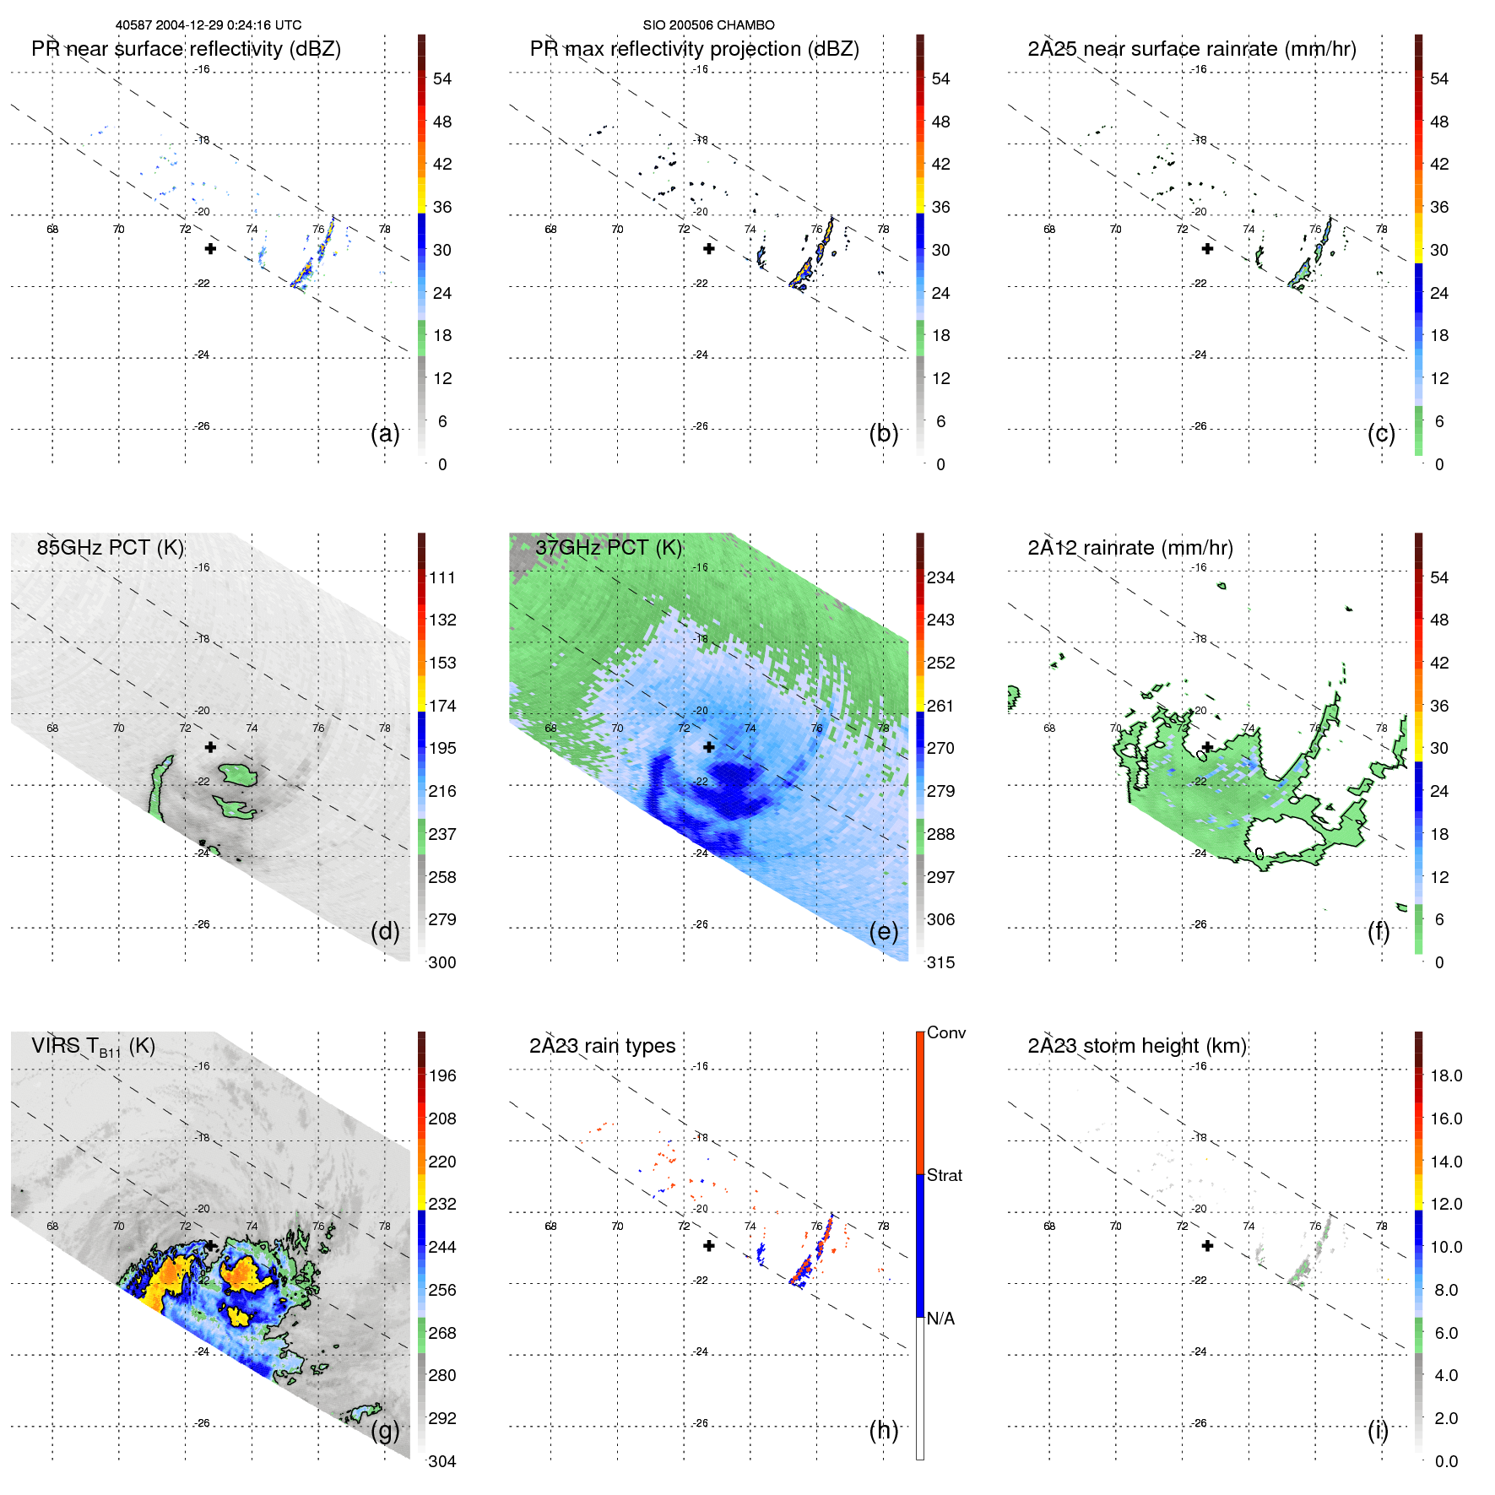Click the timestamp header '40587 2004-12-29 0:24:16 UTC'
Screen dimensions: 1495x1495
[x=208, y=25]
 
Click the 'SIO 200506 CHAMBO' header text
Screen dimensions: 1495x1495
[x=708, y=25]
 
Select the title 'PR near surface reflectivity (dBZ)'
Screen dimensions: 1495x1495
[x=186, y=49]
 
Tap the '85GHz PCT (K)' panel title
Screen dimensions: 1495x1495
[x=110, y=547]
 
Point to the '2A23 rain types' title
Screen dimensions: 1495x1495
[x=602, y=1046]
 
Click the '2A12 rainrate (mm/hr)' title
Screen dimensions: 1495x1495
[x=1129, y=547]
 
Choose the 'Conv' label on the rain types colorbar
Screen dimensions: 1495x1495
[x=945, y=1032]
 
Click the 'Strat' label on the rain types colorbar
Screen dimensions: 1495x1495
[x=944, y=1175]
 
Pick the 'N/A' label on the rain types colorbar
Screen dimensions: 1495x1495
[x=940, y=1319]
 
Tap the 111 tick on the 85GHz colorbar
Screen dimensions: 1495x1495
[x=442, y=577]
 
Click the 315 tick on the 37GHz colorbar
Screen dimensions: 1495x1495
[x=940, y=962]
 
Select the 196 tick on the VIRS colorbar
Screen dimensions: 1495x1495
[x=442, y=1075]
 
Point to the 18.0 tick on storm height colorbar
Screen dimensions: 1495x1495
[x=1445, y=1075]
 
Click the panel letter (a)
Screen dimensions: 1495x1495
[x=385, y=433]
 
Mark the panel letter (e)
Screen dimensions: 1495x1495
[x=883, y=931]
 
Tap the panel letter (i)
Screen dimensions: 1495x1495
[x=1378, y=1430]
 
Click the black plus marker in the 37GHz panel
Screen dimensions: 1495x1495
[x=709, y=747]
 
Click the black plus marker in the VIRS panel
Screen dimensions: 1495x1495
[x=210, y=1246]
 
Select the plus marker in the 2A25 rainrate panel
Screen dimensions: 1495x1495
[x=1207, y=249]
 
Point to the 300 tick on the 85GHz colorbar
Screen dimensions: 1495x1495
[x=442, y=962]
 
